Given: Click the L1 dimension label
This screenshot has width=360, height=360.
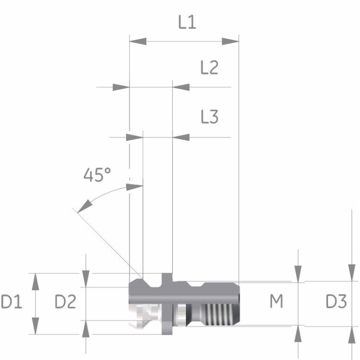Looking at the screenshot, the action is (x=187, y=22).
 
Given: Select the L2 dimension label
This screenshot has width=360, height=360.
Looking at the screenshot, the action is (x=209, y=67).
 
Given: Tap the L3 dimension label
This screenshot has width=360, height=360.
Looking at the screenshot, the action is (x=209, y=117).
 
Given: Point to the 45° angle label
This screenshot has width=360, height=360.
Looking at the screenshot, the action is (x=97, y=175).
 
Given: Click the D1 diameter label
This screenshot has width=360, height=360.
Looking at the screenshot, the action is (x=12, y=301).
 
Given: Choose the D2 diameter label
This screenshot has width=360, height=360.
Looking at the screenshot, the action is (x=65, y=301).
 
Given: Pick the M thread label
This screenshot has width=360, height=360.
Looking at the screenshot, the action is (x=276, y=301).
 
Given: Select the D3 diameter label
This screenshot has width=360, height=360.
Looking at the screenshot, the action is (x=336, y=301).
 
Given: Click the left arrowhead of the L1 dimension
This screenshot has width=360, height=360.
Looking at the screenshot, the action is (x=138, y=41).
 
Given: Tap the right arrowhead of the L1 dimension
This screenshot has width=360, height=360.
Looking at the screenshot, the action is (x=230, y=41).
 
